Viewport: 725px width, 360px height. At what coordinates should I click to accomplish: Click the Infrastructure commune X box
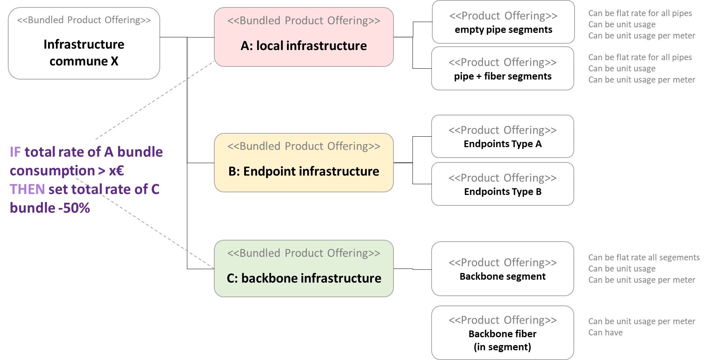pos(84,43)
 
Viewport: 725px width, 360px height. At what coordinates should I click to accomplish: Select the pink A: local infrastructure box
pos(304,37)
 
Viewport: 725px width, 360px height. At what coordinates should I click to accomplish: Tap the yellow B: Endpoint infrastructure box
pos(304,163)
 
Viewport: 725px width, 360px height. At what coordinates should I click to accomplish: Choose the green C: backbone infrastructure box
pos(304,269)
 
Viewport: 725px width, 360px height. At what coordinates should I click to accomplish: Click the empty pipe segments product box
pos(503,22)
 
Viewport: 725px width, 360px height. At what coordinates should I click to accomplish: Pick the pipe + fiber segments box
pos(502,69)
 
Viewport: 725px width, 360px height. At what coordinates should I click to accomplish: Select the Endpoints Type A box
pos(502,136)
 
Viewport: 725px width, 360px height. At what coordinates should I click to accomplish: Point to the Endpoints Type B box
pos(502,184)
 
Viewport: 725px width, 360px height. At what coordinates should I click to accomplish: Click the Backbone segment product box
pos(502,269)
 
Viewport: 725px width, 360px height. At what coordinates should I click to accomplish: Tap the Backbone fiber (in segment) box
pos(502,333)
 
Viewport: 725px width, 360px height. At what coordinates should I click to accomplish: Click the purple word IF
pos(15,152)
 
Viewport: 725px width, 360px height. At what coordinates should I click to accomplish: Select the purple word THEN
pos(27,190)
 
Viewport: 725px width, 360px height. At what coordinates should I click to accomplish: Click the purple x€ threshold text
pos(116,171)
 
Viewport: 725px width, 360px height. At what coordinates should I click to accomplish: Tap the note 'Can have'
pos(605,333)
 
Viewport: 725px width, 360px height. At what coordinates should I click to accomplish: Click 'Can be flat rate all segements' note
pos(644,258)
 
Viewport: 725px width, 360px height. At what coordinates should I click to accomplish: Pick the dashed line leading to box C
pos(157,232)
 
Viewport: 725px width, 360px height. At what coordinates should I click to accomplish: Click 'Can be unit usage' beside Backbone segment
pos(622,269)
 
